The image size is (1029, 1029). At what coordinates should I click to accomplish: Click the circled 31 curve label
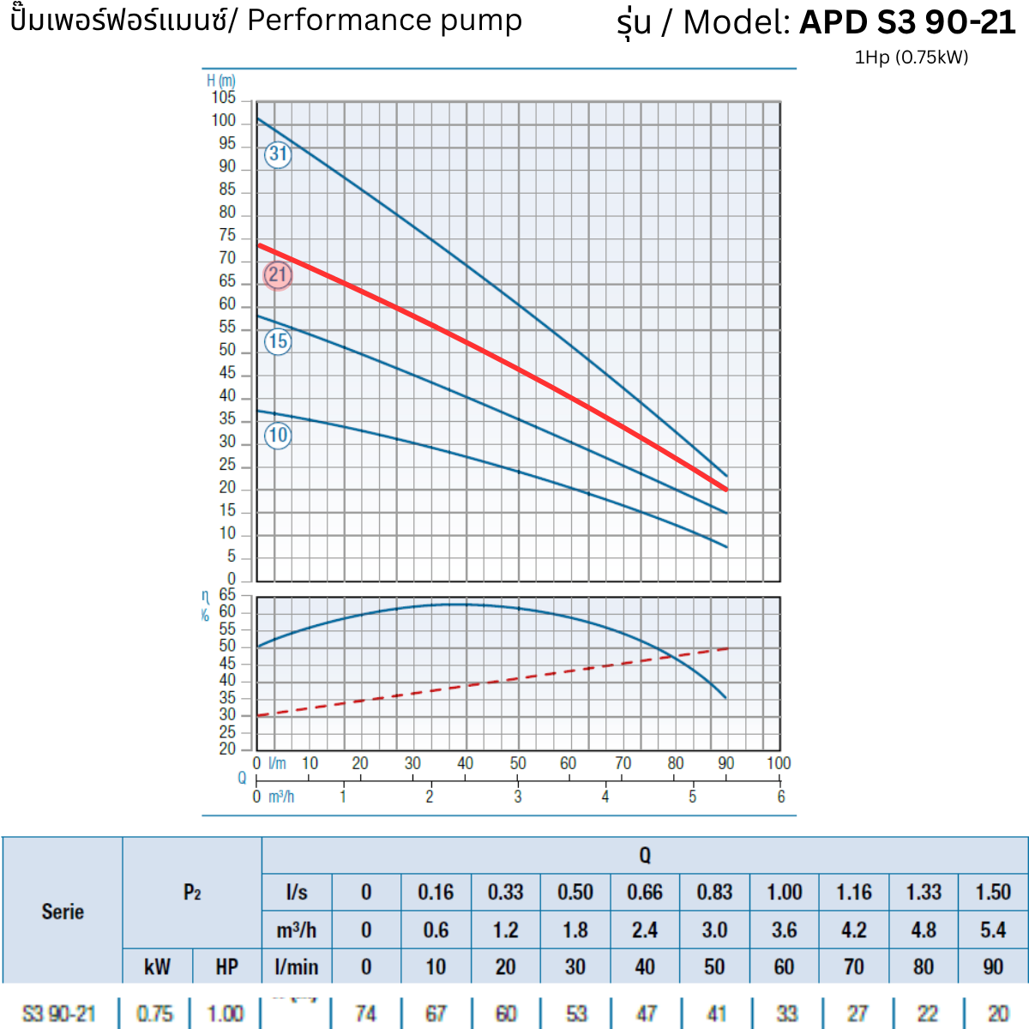point(278,154)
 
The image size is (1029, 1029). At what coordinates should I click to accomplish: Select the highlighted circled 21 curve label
point(278,275)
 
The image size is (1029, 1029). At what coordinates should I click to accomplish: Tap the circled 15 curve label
point(278,341)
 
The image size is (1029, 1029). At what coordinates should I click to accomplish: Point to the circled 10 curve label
point(278,436)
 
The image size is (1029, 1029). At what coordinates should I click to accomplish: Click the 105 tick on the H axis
point(224,98)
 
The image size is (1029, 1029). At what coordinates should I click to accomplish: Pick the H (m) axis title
point(220,81)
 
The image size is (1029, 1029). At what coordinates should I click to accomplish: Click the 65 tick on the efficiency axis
point(227,595)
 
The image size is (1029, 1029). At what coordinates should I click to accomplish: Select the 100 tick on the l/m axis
point(779,763)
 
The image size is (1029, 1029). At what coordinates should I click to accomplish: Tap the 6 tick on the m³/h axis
point(781,797)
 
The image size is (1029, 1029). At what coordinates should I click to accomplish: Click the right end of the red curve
point(726,490)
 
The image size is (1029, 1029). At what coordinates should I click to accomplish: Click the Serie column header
point(63,911)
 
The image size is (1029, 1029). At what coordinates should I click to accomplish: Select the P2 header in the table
point(192,893)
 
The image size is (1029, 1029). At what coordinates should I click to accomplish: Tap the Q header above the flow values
point(645,855)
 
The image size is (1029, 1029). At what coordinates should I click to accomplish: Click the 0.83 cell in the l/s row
point(714,893)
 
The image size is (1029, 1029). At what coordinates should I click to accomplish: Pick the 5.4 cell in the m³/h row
point(993,930)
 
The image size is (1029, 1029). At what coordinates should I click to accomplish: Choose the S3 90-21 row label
point(58,1014)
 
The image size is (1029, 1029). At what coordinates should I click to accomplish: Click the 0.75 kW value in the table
point(154,1014)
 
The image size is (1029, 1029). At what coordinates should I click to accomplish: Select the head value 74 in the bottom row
point(365,1014)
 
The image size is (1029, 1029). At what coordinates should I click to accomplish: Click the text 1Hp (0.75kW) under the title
point(912,57)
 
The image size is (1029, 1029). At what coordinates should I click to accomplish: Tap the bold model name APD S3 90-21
point(907,22)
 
